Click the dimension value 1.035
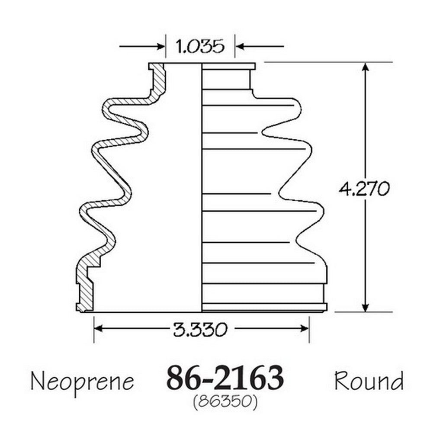200,46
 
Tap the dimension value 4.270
364,189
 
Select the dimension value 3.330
200,329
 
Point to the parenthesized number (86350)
225,401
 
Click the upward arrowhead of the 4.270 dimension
365,67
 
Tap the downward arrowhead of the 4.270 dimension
365,308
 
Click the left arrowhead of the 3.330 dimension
98,328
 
